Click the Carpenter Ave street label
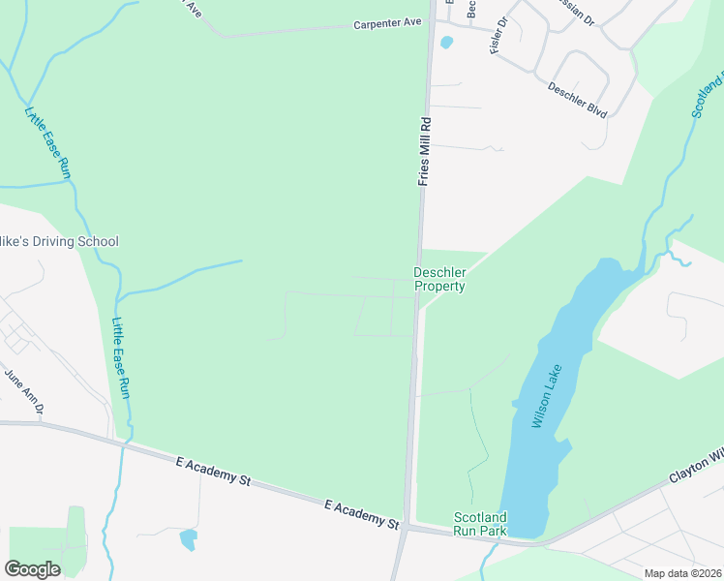pyautogui.click(x=387, y=24)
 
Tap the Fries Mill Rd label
pyautogui.click(x=424, y=151)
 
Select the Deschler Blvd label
pyautogui.click(x=577, y=100)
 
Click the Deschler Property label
pyautogui.click(x=439, y=280)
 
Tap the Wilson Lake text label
pyautogui.click(x=546, y=403)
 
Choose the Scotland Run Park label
pyautogui.click(x=480, y=524)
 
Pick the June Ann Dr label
pyautogui.click(x=24, y=391)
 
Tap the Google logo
pyautogui.click(x=32, y=568)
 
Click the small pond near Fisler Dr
pyautogui.click(x=446, y=42)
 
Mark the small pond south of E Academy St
pyautogui.click(x=188, y=538)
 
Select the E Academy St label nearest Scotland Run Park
pyautogui.click(x=362, y=514)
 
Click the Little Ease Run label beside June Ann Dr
pyautogui.click(x=121, y=359)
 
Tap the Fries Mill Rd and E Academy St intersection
pyautogui.click(x=407, y=528)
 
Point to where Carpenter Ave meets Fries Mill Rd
pyautogui.click(x=430, y=25)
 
